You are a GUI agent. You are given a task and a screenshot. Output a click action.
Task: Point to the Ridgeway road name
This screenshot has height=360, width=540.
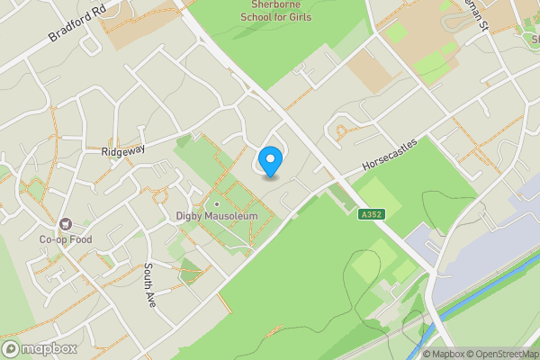click(x=123, y=152)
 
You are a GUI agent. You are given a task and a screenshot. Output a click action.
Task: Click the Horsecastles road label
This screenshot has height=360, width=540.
click(x=391, y=156)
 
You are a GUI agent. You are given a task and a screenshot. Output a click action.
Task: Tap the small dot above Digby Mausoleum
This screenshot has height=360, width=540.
click(x=217, y=203)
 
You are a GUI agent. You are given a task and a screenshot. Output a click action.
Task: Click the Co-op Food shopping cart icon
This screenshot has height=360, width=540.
click(x=65, y=224)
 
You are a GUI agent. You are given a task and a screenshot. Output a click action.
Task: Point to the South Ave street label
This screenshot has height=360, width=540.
click(x=150, y=285)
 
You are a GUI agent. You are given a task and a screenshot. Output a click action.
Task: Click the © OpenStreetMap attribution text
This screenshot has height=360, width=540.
click(x=504, y=354)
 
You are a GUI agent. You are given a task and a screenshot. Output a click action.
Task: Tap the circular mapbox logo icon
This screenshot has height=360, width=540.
click(x=11, y=348)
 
